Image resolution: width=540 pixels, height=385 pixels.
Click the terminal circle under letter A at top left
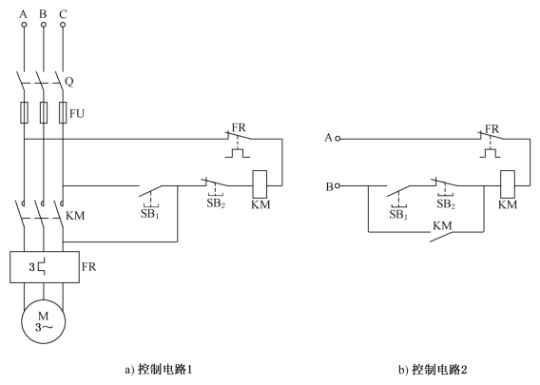24,25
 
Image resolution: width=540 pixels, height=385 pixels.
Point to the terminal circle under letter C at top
63,25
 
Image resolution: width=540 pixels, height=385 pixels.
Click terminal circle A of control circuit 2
337,139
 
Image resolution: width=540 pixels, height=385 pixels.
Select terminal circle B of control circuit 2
337,186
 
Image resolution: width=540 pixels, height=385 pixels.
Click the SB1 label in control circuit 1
150,214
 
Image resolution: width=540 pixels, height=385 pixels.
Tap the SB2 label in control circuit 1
216,203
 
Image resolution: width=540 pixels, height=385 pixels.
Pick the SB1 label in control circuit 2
398,215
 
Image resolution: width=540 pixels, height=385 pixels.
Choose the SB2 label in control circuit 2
446,203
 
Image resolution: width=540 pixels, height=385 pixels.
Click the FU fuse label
77,114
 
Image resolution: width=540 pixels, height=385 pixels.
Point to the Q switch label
69,82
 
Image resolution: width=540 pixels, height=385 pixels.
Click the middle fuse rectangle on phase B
44,112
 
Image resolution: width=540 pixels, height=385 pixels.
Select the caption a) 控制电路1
159,370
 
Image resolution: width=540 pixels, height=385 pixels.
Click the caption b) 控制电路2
433,370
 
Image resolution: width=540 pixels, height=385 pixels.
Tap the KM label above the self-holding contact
442,226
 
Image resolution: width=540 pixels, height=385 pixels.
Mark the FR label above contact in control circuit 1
239,127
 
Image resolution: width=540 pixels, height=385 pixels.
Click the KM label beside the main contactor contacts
75,216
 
